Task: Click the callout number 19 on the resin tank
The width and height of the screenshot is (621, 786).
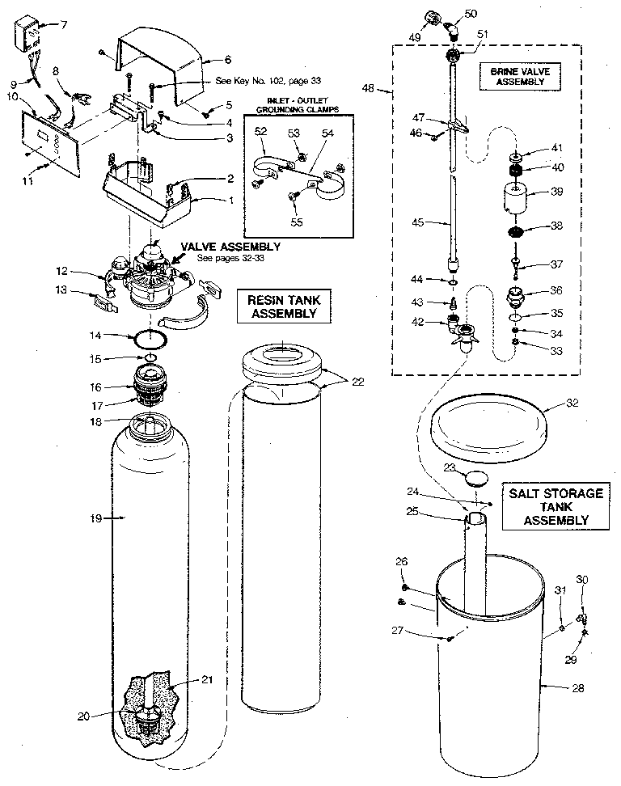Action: point(96,518)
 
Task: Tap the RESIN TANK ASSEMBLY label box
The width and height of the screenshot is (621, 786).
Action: point(277,306)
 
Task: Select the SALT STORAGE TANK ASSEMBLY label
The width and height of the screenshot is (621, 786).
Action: point(556,507)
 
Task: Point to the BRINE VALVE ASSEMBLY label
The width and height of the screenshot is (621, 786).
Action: point(520,76)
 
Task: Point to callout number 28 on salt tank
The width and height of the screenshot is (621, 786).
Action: point(577,688)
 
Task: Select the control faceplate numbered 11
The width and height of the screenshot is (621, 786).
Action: point(53,148)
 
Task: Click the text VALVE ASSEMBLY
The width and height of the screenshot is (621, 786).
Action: point(230,247)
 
